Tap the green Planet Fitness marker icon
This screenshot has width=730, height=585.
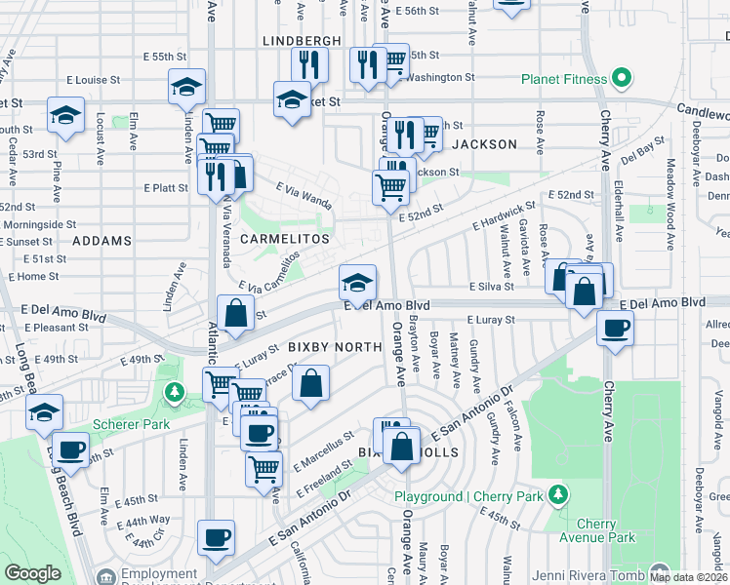[619, 79]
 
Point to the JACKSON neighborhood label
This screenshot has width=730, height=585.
[484, 144]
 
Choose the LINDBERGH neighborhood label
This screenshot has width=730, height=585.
[303, 40]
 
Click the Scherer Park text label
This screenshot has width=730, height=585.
[131, 424]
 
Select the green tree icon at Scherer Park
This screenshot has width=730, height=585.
[175, 392]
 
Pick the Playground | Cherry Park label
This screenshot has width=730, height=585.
[469, 496]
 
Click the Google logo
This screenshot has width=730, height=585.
[32, 573]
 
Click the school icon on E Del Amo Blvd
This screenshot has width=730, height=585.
[358, 282]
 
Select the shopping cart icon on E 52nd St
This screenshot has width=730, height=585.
[391, 186]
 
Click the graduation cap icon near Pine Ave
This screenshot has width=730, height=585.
[64, 115]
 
